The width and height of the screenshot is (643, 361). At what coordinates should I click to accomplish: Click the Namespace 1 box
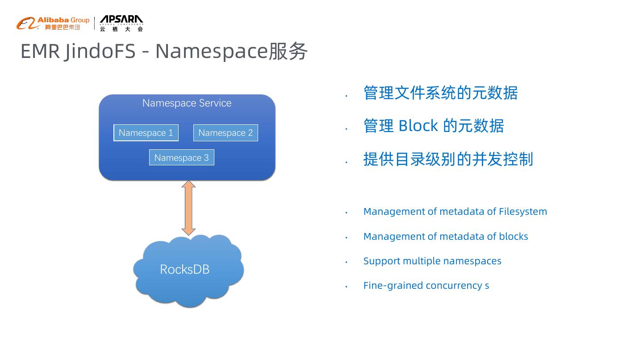click(146, 133)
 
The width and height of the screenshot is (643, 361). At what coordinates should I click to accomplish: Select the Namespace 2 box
click(225, 133)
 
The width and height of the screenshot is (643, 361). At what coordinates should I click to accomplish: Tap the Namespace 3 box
click(181, 158)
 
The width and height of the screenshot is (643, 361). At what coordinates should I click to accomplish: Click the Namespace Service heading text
click(187, 103)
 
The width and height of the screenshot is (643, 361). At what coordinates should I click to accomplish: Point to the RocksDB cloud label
click(184, 270)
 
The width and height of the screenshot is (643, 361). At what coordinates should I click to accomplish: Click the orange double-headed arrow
click(189, 208)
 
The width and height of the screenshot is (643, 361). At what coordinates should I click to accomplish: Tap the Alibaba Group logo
click(53, 23)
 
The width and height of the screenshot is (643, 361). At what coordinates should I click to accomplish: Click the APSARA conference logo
click(121, 23)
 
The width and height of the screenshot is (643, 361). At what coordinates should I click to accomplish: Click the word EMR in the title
click(40, 51)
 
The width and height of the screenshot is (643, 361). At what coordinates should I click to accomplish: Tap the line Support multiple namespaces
click(432, 261)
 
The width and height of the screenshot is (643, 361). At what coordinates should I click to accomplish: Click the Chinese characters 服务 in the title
click(288, 51)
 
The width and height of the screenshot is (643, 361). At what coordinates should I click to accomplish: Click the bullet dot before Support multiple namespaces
click(347, 262)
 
